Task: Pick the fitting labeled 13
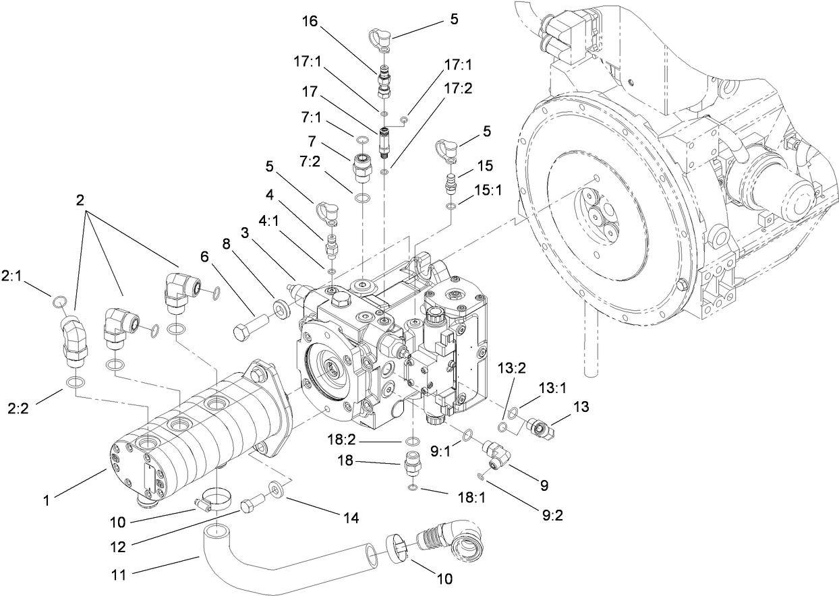(540, 427)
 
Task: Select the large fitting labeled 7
(363, 166)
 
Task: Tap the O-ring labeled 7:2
(363, 199)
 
